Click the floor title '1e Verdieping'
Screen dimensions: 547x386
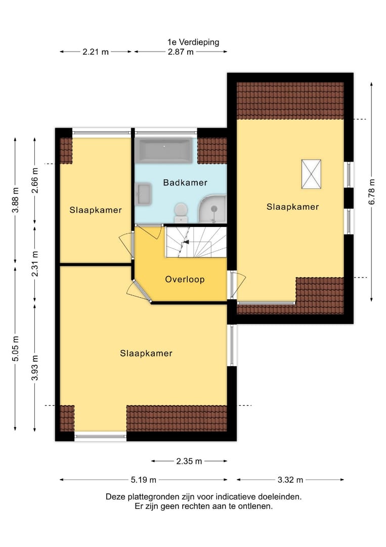tap(193, 42)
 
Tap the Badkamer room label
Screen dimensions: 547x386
tap(185, 182)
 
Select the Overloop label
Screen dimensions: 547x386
tap(185, 279)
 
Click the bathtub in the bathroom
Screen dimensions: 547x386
tap(165, 151)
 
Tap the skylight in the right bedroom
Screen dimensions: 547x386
tap(311, 174)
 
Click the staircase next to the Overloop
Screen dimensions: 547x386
tap(195, 242)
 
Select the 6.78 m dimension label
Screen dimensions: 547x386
tap(372, 191)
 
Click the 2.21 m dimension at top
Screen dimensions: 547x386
tap(96, 52)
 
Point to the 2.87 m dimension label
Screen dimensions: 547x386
tap(181, 52)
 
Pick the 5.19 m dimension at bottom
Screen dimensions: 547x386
tap(143, 480)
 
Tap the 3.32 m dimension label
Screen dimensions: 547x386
tap(290, 480)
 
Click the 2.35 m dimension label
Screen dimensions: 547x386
tap(189, 461)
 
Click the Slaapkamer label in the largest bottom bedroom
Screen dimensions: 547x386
tap(146, 353)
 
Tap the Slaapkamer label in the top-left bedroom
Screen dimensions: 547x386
tap(96, 210)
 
